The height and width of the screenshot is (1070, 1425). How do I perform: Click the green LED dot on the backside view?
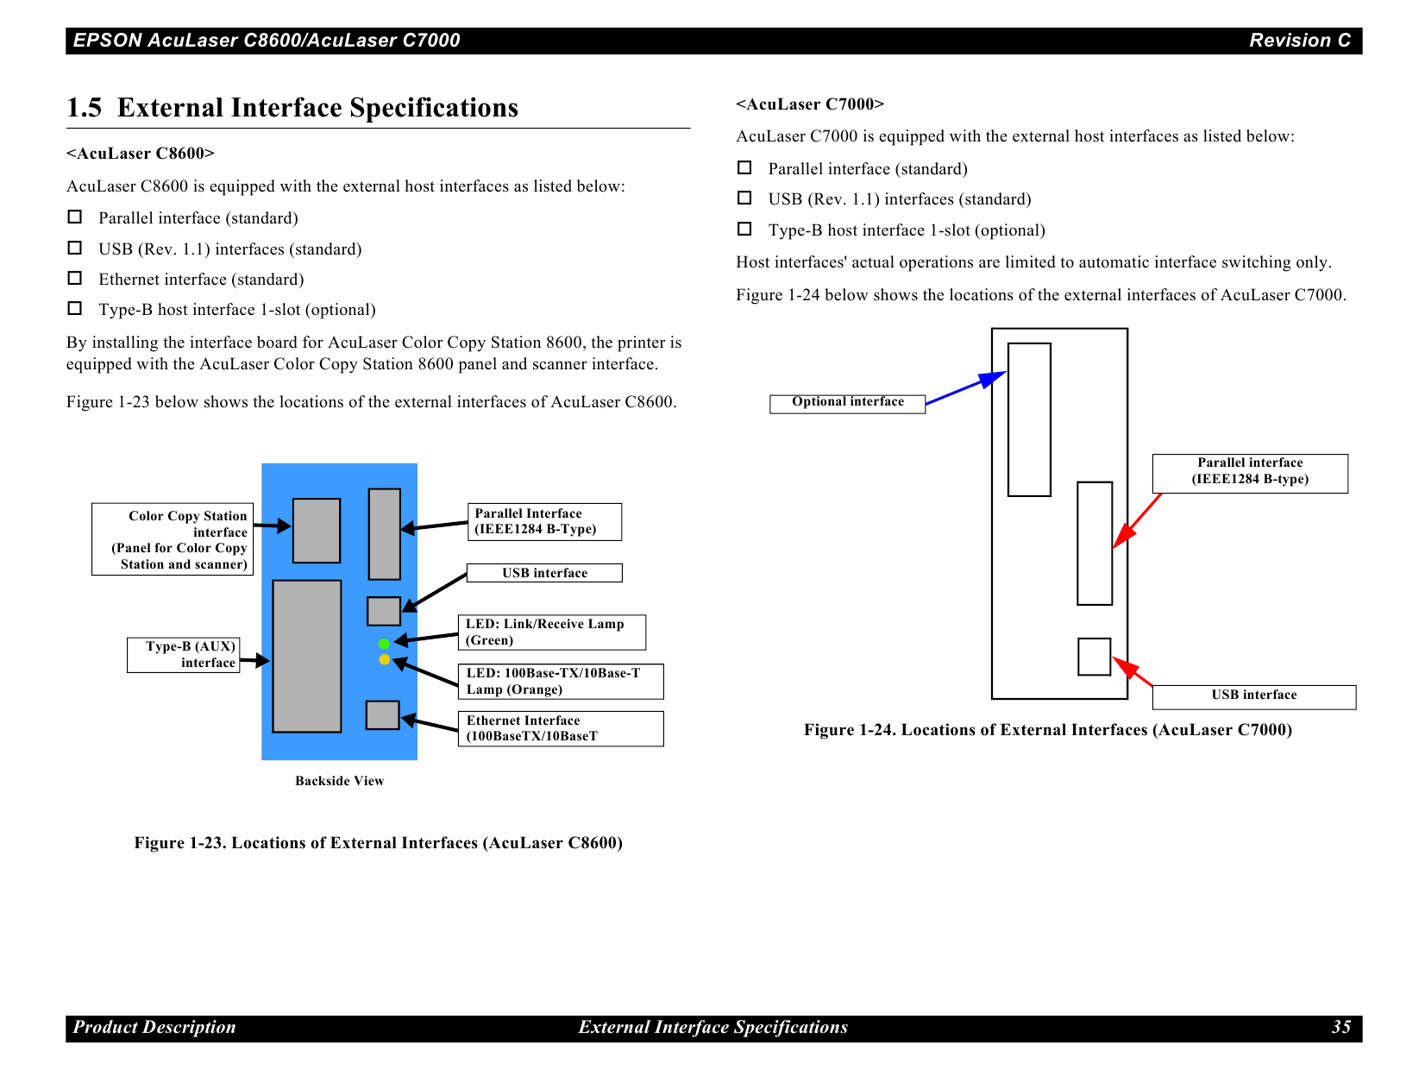[384, 644]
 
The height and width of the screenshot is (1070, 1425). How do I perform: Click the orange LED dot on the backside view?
[384, 659]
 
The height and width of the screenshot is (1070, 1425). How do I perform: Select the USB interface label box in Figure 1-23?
[544, 573]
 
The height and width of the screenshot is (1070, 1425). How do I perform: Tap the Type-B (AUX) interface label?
[184, 655]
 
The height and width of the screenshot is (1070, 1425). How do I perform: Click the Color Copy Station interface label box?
[173, 539]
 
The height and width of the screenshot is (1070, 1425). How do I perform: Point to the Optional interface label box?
[847, 403]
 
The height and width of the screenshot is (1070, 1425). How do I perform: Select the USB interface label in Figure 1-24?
[1253, 696]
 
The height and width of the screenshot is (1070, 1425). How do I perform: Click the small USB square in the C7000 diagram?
[1094, 657]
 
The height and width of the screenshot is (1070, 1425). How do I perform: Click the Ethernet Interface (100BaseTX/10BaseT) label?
[560, 728]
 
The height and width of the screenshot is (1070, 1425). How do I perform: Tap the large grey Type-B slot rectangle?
[306, 656]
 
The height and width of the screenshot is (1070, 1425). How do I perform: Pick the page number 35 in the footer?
[1340, 1028]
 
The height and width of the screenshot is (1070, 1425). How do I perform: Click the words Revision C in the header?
[1299, 41]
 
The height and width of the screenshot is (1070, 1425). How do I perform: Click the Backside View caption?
[339, 781]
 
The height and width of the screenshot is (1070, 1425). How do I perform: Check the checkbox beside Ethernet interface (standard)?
[75, 278]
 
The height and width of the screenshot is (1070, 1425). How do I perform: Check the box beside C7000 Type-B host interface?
[744, 229]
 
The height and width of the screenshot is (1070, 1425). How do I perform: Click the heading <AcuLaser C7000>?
[809, 104]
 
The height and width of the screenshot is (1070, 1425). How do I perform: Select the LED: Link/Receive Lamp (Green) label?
[551, 632]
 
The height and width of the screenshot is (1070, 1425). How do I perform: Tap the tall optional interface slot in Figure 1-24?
[1029, 419]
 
